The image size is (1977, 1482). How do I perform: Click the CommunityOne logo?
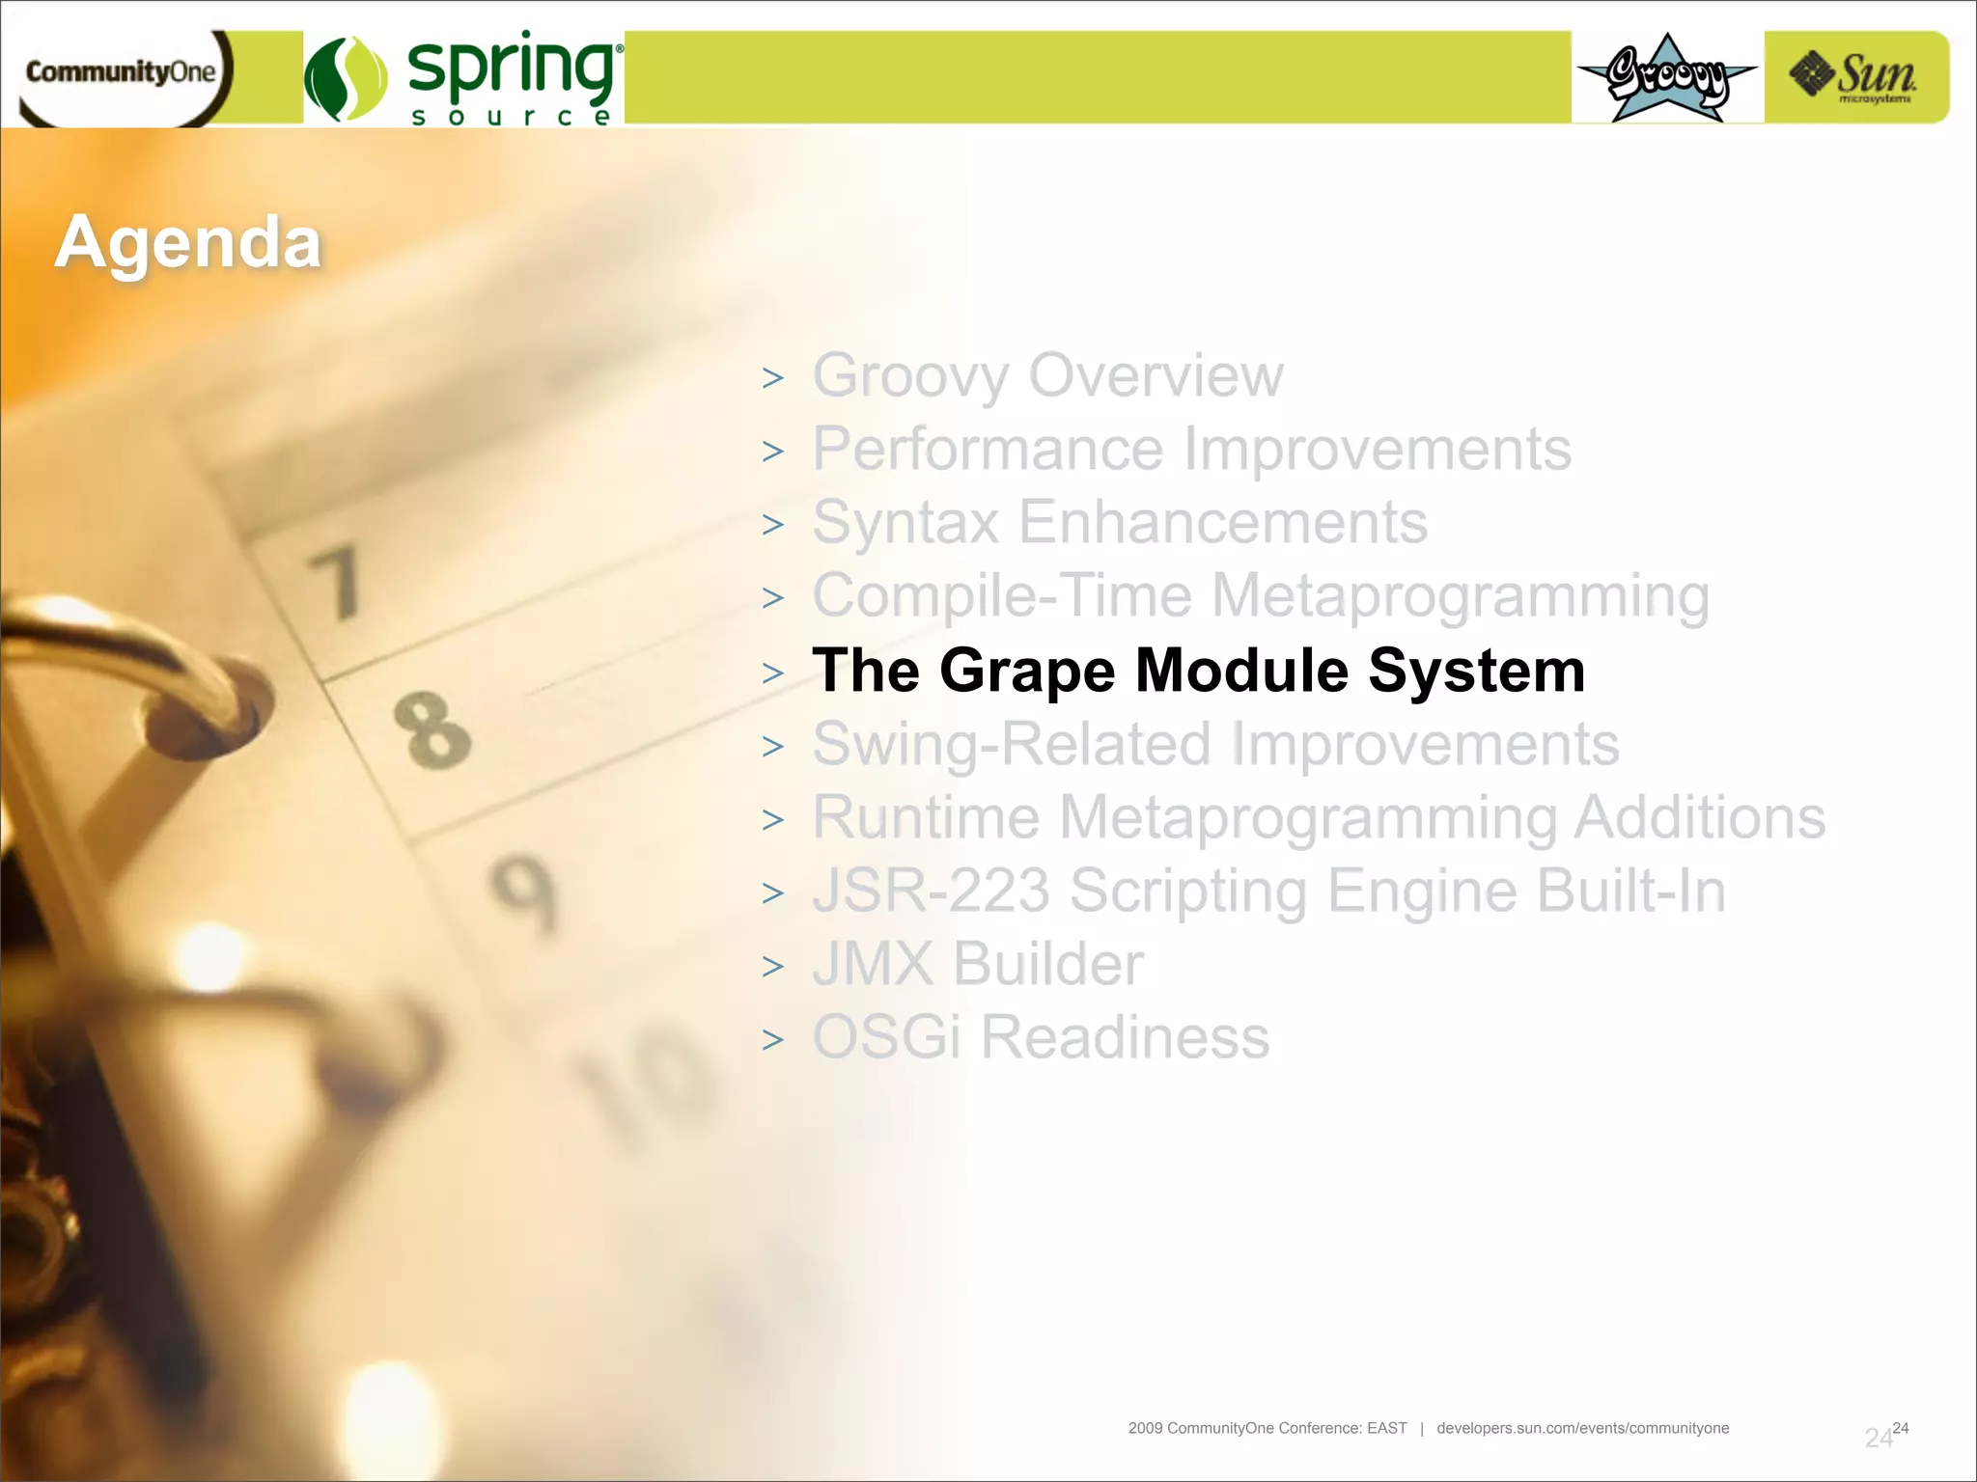[x=121, y=73]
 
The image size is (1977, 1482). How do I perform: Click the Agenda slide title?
[x=188, y=242]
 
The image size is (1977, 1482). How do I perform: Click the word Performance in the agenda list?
[x=988, y=450]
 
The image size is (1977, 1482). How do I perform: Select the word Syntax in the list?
[x=905, y=523]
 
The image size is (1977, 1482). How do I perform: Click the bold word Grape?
[x=1027, y=672]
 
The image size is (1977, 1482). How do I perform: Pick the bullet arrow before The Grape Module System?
[x=772, y=672]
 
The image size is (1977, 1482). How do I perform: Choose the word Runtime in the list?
[x=926, y=818]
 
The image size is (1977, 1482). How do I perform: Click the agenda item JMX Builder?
[x=977, y=964]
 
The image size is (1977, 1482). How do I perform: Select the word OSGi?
[x=886, y=1037]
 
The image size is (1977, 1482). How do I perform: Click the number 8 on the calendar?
[x=432, y=730]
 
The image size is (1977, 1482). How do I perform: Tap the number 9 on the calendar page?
[x=524, y=892]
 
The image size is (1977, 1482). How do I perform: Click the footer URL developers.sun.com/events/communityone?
[x=1582, y=1428]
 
